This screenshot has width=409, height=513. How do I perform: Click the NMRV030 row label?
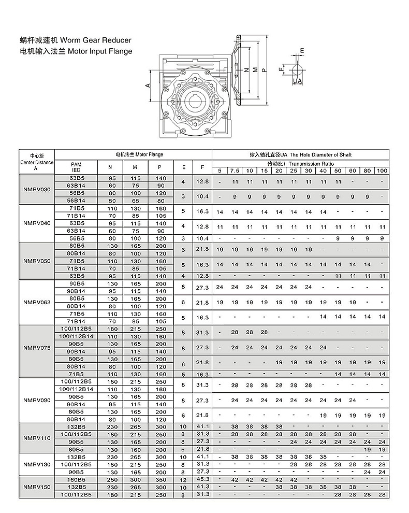37,190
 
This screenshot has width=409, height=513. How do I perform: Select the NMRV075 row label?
37,348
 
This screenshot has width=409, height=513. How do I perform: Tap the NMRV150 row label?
37,488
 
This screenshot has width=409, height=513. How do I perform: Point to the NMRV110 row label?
37,438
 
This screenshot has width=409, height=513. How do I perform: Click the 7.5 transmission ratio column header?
235,171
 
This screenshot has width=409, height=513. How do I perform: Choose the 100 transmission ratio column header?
382,171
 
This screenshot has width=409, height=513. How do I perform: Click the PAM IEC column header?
76,167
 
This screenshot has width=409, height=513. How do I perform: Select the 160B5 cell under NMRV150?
77,480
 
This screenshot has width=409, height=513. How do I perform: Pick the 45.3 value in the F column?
202,480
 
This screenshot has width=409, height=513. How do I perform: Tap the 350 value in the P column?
161,480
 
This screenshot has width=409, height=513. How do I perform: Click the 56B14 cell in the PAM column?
77,201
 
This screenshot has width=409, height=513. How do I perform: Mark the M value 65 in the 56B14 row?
135,201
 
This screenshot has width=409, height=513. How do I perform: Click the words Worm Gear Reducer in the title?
96,40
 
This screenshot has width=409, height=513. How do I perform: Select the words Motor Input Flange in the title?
100,51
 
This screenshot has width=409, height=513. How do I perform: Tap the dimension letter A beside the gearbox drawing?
148,84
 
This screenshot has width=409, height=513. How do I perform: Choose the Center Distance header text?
37,162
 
